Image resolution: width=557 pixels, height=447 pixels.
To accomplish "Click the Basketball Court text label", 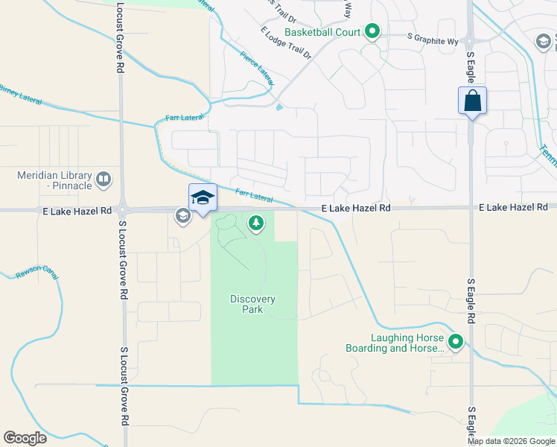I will tap(322, 32).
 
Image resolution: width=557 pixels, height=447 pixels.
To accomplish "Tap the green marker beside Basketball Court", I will tap(372, 31).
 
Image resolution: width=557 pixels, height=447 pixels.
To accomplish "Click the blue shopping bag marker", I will tap(472, 101).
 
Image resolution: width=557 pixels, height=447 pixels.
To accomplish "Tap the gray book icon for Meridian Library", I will tap(104, 180).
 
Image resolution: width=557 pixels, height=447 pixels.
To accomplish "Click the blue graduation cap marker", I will tap(203, 198).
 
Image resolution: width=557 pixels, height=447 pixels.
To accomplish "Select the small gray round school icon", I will tap(182, 216).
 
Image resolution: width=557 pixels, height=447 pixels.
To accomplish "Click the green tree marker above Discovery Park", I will tap(256, 223).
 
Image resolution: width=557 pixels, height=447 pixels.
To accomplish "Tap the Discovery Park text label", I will tap(252, 304).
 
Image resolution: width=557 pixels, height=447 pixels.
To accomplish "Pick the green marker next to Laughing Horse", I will tap(455, 343).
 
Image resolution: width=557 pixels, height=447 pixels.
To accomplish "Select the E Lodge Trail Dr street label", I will tap(285, 43).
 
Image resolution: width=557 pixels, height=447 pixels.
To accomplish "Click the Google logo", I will tap(25, 438).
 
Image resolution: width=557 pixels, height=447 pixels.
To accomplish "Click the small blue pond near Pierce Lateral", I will tap(279, 107).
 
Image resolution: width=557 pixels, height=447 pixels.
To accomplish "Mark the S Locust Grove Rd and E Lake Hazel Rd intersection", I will tap(121, 209).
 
